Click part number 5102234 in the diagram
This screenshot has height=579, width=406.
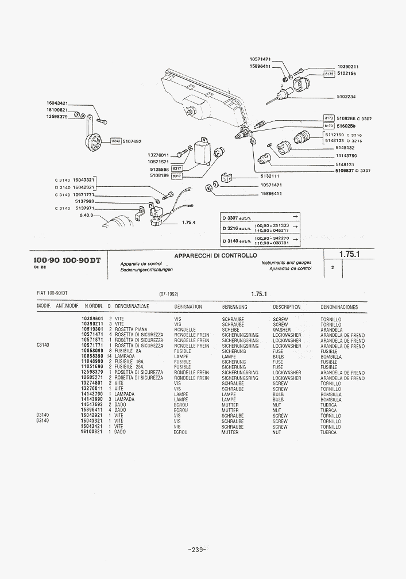(x=346, y=97)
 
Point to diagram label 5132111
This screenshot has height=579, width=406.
(x=269, y=176)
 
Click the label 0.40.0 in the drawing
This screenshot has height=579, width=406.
(x=87, y=216)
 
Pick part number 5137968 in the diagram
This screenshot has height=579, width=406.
(x=84, y=202)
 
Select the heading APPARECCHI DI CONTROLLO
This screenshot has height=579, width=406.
(x=215, y=255)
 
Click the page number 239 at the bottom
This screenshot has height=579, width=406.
(x=197, y=550)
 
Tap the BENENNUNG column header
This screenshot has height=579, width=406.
(x=234, y=307)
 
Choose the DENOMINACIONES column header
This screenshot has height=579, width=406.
(x=339, y=307)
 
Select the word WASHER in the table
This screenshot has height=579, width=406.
(x=281, y=329)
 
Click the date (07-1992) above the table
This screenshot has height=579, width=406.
(x=169, y=294)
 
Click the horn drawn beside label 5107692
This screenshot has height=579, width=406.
(x=91, y=139)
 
